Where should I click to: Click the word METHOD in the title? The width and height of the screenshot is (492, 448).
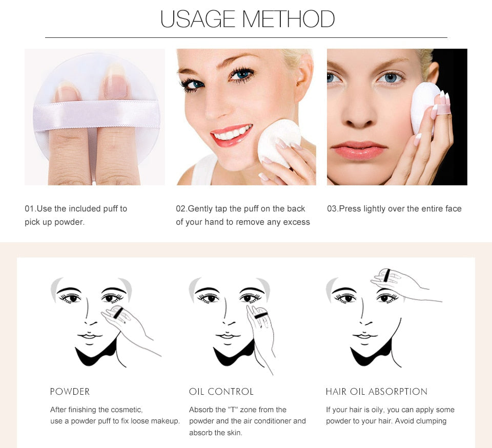coord(288,19)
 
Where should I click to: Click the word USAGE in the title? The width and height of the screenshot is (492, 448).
coord(197,19)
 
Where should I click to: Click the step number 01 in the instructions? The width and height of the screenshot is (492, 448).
coord(30,209)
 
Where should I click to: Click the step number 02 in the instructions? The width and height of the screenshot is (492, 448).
coord(181,209)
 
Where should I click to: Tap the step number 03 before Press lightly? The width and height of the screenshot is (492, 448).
coord(332,209)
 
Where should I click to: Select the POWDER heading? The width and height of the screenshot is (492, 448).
coord(70,392)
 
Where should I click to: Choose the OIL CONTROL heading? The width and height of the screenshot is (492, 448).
coord(221,392)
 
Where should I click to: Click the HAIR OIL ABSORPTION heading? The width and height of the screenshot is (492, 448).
coord(376,392)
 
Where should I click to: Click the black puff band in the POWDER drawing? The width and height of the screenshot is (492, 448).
coord(118,311)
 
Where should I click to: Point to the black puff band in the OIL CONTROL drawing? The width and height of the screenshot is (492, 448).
coord(260,313)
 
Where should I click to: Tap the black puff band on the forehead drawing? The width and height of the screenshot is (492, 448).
coord(387,275)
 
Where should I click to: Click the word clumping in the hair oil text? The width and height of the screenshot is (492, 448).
coord(429,421)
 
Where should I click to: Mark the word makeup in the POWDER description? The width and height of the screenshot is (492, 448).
coord(165,421)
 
